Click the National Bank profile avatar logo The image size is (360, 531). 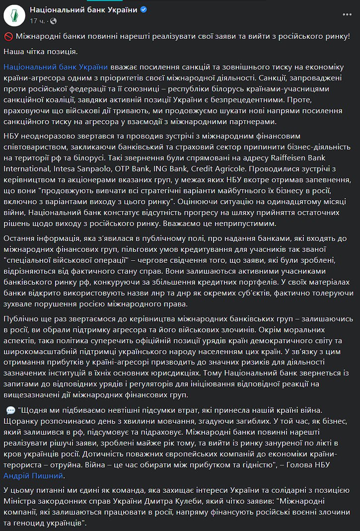pos(15,15)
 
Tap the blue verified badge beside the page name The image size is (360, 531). pos(143,10)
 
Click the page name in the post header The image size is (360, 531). pos(83,10)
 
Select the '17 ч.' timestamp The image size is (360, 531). pos(37,20)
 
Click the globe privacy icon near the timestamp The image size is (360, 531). pos(53,21)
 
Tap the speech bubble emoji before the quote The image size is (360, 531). pos(10,410)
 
